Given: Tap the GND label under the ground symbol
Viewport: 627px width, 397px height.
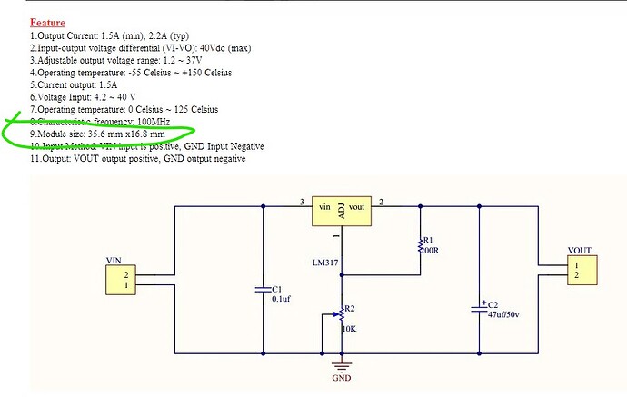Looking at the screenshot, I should (x=341, y=378).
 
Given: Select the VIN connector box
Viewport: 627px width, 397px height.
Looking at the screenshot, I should (x=131, y=280).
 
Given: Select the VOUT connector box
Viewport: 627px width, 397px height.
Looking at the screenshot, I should (x=579, y=269).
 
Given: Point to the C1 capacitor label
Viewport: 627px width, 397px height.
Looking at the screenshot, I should (x=278, y=288).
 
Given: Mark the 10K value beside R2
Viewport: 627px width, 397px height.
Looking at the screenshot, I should (x=348, y=330).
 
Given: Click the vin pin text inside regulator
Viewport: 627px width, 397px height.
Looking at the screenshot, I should (x=324, y=208).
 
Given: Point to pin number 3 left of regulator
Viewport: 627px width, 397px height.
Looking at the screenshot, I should (x=301, y=201).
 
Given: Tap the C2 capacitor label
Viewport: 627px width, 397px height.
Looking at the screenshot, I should (x=493, y=303).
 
